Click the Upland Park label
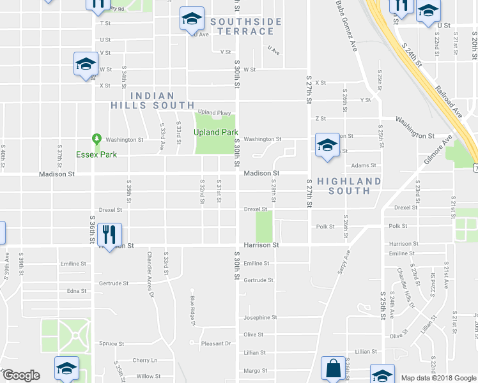[216, 132]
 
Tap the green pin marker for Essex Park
[96, 139]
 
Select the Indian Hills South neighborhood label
[152, 100]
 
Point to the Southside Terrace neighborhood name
[246, 26]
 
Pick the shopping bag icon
[332, 368]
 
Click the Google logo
[20, 375]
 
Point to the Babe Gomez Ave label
[345, 26]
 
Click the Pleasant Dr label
[215, 343]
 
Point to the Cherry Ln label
[145, 360]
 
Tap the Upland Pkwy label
[213, 112]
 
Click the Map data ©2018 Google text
[438, 378]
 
